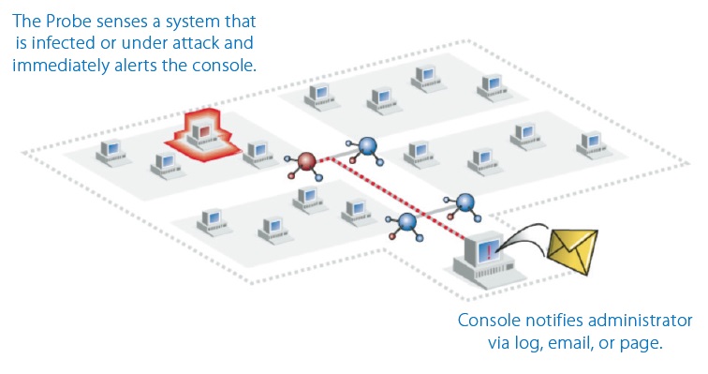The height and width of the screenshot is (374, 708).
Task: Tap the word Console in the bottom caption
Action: click(x=488, y=321)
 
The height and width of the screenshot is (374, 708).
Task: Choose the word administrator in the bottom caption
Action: click(x=638, y=321)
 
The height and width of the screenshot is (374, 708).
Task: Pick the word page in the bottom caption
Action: click(x=643, y=343)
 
